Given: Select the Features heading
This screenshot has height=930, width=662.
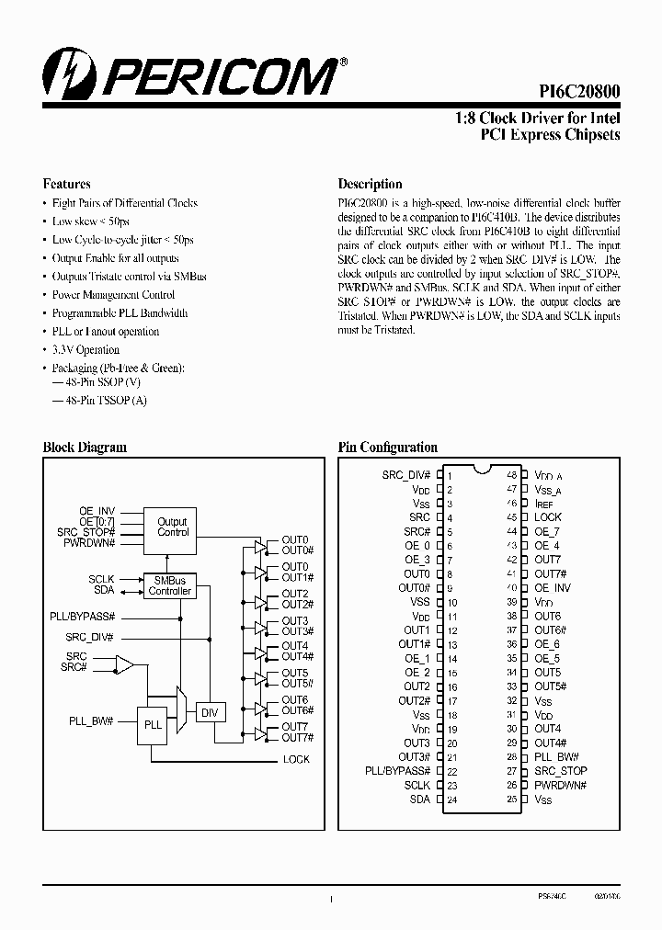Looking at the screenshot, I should click(67, 184).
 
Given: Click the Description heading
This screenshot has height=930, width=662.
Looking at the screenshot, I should click(370, 184).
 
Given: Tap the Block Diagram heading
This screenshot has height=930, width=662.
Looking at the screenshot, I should click(85, 448).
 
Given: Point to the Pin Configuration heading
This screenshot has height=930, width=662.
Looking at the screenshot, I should click(387, 448).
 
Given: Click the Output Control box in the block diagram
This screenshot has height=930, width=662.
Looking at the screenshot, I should click(172, 527).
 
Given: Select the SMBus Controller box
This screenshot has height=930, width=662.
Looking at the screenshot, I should click(170, 585).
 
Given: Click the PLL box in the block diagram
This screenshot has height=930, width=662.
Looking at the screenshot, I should click(153, 724).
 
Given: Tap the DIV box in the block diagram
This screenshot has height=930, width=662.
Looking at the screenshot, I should click(211, 712).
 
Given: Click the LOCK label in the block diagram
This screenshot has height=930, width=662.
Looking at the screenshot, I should click(296, 759).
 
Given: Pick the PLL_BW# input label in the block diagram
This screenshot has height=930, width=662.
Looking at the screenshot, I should click(91, 721).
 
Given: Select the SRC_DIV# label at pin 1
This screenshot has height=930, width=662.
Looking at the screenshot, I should click(405, 475).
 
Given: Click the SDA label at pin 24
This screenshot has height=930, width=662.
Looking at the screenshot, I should click(420, 800).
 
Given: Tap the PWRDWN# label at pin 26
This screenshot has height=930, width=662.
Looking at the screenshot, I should click(560, 786).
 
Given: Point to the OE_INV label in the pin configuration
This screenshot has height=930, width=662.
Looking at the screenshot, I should click(553, 588).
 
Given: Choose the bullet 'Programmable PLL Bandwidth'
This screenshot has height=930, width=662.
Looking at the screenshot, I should click(120, 313).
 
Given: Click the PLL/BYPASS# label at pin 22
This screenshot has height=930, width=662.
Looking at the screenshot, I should click(397, 771).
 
